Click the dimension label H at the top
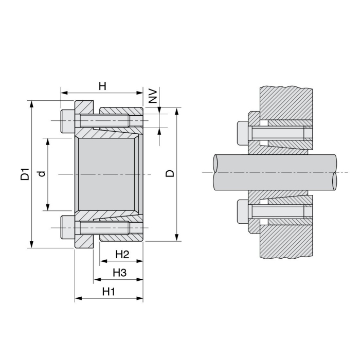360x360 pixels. click(102, 86)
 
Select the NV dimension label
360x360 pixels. click(153, 96)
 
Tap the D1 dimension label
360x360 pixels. click(24, 174)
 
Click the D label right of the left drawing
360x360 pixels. click(170, 173)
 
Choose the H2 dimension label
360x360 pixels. click(121, 254)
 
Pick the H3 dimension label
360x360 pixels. click(119, 273)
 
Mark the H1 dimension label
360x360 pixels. click(108, 292)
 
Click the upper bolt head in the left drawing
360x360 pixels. click(67, 121)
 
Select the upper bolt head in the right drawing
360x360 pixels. click(243, 132)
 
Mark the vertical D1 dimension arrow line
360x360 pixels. click(32, 206)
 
